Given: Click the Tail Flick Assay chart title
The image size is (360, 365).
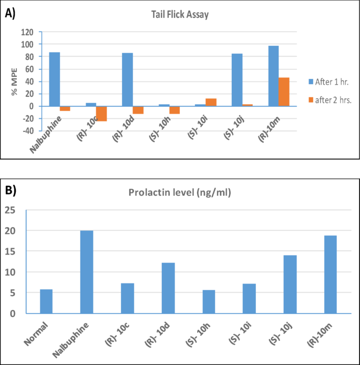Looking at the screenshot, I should pos(177,15).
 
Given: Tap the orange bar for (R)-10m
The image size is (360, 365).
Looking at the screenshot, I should pos(284,92).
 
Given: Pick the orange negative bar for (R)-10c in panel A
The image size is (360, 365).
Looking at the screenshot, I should pos(101,114).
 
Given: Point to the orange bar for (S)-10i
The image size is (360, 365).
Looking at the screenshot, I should pos(211,102).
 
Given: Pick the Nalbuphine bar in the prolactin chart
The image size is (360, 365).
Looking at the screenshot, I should pos(87,272).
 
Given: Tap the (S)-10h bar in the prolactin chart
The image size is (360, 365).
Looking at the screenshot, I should pos(209,302).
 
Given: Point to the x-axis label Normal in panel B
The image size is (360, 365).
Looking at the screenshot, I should pos(36,336).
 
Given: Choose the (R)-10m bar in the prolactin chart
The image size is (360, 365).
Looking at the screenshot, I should pos(330,275).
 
